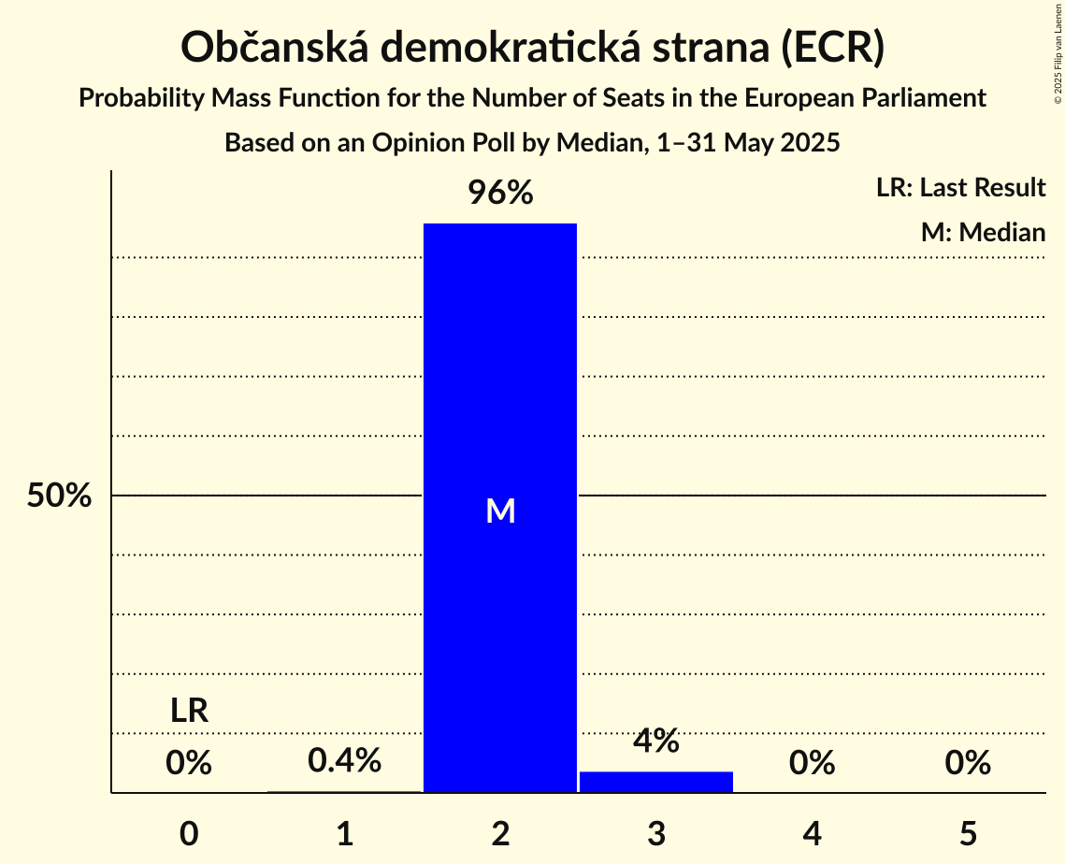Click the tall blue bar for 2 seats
click(x=500, y=374)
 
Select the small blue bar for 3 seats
click(x=656, y=782)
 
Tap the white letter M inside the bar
click(x=501, y=511)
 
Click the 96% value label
click(x=500, y=194)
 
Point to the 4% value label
click(x=656, y=741)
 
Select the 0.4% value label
click(x=344, y=760)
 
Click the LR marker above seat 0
click(x=189, y=711)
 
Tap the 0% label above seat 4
click(x=812, y=763)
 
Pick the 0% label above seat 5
click(x=968, y=763)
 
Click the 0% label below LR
click(x=189, y=763)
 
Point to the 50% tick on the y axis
click(x=59, y=496)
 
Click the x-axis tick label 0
click(x=189, y=833)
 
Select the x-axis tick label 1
click(x=345, y=833)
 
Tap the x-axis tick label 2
click(x=501, y=833)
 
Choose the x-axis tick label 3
click(x=656, y=833)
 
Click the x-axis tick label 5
click(x=968, y=833)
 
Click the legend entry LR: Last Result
click(x=960, y=188)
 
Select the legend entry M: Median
click(x=983, y=232)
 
